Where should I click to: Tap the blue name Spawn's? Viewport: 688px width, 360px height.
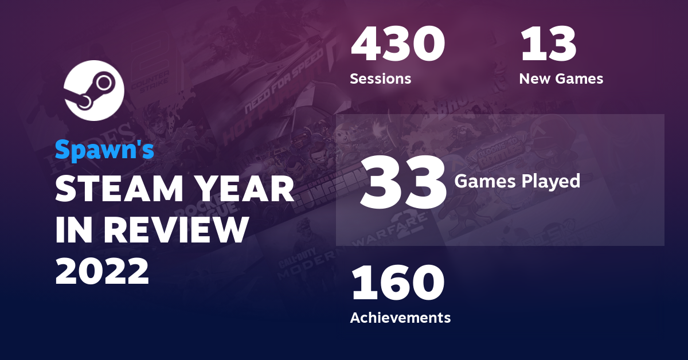pos(104,150)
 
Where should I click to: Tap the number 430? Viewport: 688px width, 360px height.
pos(397,45)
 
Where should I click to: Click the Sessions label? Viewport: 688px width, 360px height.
pos(380,79)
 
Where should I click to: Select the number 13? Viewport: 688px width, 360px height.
pos(548,45)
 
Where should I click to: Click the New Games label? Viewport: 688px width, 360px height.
pos(561,79)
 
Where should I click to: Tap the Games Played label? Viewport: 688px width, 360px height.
pos(517,182)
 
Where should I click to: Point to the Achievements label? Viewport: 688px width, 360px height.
pos(400,317)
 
